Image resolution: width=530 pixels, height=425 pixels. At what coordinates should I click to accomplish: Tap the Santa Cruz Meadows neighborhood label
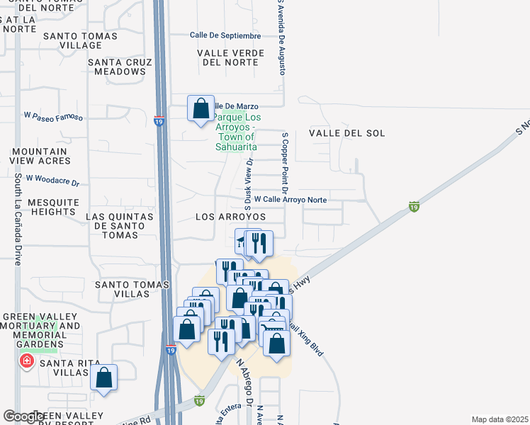(117, 67)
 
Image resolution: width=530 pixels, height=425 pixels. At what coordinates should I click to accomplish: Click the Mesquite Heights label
(53, 207)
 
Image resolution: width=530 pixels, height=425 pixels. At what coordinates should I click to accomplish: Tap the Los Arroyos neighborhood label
(230, 216)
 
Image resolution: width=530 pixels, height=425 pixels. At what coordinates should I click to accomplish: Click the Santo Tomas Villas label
(132, 285)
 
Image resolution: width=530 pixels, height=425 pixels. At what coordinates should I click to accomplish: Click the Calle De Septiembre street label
(225, 35)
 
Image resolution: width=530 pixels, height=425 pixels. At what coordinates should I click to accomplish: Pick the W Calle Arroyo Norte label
(290, 200)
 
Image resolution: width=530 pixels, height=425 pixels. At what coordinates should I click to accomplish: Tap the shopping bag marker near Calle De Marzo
(201, 109)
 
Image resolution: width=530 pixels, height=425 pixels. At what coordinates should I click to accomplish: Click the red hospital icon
(27, 362)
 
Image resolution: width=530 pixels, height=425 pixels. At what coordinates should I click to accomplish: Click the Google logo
(23, 416)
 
